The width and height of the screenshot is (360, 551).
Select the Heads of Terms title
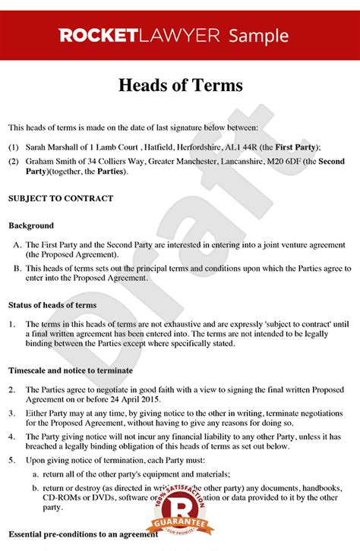pyautogui.click(x=180, y=85)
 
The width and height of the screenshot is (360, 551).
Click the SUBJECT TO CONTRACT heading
pyautogui.click(x=60, y=198)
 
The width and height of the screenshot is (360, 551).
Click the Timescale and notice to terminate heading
pyautogui.click(x=70, y=370)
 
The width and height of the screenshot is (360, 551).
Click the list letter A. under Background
pyautogui.click(x=17, y=245)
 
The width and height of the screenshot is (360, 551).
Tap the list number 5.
pyautogui.click(x=11, y=460)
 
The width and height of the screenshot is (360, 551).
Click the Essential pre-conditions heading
pyautogui.click(x=83, y=534)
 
